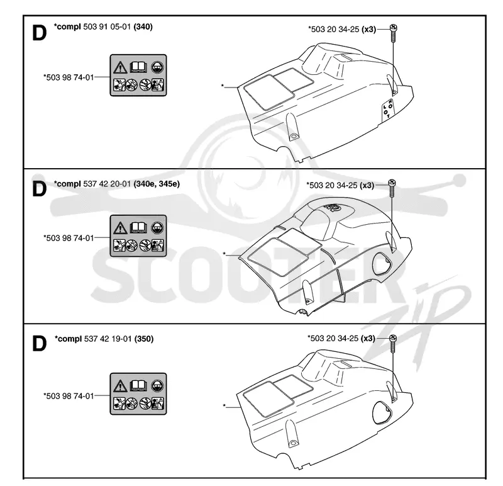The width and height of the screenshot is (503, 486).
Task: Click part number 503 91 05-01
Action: [x=107, y=26]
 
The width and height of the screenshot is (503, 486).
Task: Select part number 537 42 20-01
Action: [x=107, y=184]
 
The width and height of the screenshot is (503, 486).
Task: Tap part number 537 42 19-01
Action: [x=108, y=339]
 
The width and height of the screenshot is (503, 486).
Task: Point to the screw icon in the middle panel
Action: [x=392, y=189]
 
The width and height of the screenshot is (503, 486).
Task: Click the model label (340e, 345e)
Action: [x=157, y=184]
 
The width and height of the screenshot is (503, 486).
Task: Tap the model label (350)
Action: [x=144, y=339]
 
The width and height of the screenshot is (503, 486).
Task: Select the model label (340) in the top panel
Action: [x=143, y=26]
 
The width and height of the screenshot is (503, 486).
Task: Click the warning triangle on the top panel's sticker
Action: [x=119, y=67]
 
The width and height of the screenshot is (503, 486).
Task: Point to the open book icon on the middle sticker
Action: [x=138, y=228]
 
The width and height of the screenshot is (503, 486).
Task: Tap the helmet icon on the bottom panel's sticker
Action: [x=157, y=385]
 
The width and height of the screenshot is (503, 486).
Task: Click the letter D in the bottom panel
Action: [x=40, y=344]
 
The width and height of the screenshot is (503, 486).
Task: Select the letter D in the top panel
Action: [x=40, y=33]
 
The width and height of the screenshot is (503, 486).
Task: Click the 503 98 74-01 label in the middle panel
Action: [x=69, y=239]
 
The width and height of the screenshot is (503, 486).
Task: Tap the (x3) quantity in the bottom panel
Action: [x=368, y=339]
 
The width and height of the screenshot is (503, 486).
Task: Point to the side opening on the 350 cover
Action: [x=382, y=413]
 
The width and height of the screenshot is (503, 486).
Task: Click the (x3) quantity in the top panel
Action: [x=369, y=30]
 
